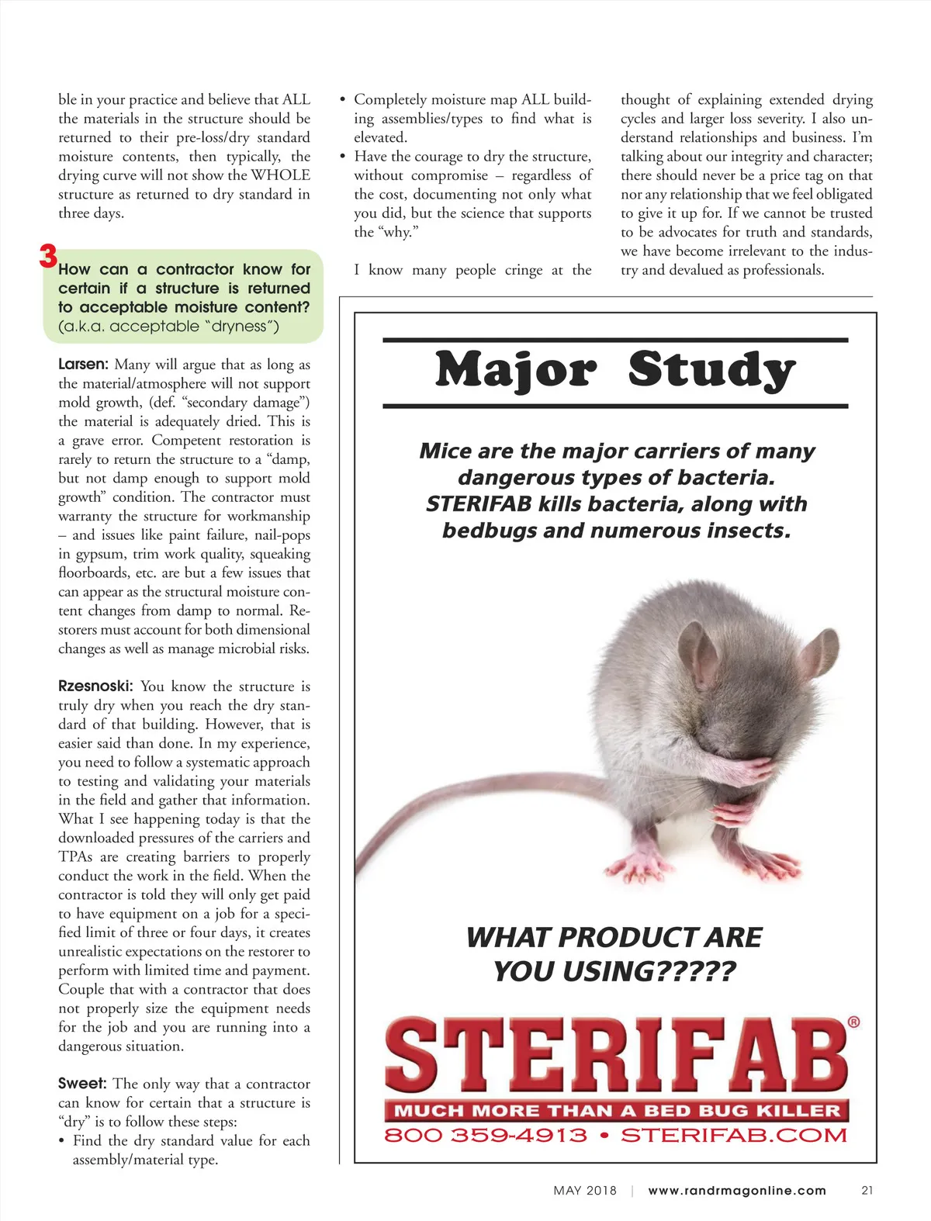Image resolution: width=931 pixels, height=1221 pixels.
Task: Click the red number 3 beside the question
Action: [48, 257]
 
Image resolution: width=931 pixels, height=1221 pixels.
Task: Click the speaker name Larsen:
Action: [83, 365]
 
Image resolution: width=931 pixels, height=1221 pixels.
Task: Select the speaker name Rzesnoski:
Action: [95, 687]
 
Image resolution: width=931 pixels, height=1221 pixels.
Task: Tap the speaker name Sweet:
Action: [82, 1084]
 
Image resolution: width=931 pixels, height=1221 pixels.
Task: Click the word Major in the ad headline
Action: [516, 370]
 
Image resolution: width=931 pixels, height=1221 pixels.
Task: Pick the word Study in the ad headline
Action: [711, 370]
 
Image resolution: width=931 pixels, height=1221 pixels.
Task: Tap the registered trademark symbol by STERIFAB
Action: [853, 1022]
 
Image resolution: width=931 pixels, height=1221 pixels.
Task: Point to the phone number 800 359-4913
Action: [486, 1136]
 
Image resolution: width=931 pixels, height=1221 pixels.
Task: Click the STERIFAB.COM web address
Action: [734, 1136]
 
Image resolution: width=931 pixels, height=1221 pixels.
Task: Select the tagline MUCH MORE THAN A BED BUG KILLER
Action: [617, 1111]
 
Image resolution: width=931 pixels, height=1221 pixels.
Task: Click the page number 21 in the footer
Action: [867, 1191]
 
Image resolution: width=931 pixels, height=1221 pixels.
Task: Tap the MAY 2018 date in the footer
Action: [585, 1191]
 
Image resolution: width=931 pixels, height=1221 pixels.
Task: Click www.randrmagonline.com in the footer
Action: [737, 1191]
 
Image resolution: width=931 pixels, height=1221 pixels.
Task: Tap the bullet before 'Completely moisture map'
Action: [343, 100]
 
